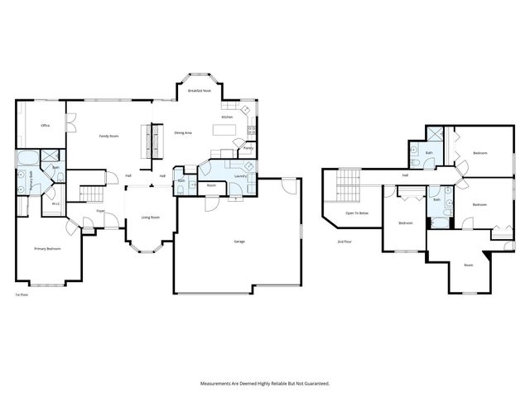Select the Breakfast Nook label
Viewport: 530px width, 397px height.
pyautogui.click(x=199, y=90)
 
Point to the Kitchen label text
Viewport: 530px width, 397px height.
pyautogui.click(x=227, y=117)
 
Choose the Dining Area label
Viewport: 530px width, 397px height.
pyautogui.click(x=183, y=132)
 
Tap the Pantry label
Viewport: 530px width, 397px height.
pyautogui.click(x=248, y=148)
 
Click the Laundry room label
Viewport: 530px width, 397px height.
pyautogui.click(x=242, y=176)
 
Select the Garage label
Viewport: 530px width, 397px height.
pyautogui.click(x=238, y=242)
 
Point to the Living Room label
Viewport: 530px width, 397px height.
pyautogui.click(x=150, y=218)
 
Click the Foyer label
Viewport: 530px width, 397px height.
pyautogui.click(x=100, y=211)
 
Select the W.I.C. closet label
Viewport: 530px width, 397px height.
pyautogui.click(x=55, y=203)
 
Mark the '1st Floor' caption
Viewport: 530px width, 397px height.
pyautogui.click(x=22, y=294)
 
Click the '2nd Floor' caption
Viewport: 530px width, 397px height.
pyautogui.click(x=344, y=242)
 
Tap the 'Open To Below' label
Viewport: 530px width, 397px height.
pyautogui.click(x=357, y=213)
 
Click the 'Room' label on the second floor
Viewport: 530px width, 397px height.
pyautogui.click(x=468, y=265)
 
